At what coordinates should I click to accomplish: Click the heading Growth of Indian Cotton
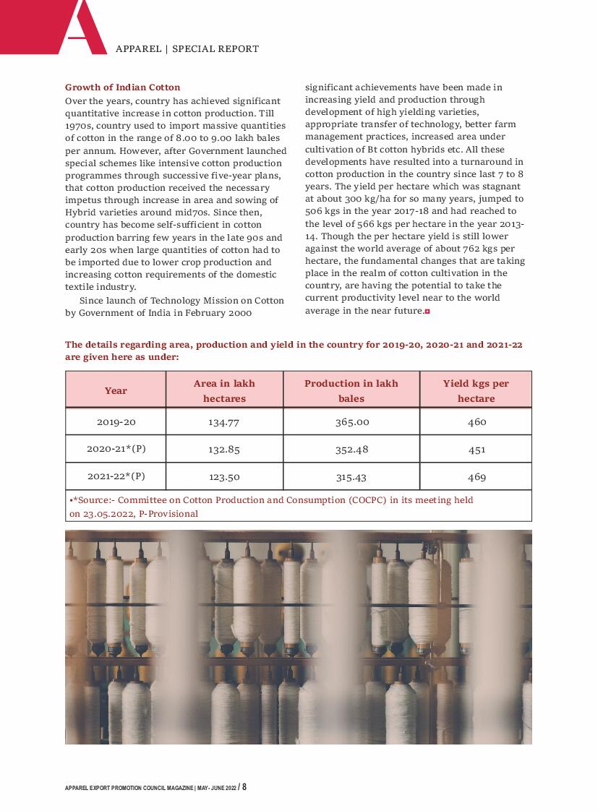click(x=123, y=87)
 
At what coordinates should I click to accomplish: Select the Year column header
click(x=116, y=390)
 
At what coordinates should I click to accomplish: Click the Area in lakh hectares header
click(x=224, y=390)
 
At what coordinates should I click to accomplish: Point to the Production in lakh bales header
click(x=351, y=390)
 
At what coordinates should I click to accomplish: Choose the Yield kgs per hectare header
click(x=476, y=390)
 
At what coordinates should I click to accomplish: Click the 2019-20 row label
click(x=116, y=422)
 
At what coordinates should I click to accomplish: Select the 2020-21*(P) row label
click(x=116, y=449)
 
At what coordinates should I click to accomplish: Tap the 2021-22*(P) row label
click(x=116, y=476)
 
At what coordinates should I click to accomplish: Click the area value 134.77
click(x=224, y=422)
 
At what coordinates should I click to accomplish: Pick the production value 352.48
click(x=351, y=449)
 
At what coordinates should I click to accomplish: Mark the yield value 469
click(x=477, y=477)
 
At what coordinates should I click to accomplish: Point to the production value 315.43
click(x=351, y=477)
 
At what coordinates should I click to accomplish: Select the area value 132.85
click(x=224, y=449)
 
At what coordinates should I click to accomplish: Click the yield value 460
click(x=477, y=422)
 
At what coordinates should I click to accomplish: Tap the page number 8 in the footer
click(x=244, y=786)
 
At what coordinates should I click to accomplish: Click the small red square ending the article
click(x=427, y=311)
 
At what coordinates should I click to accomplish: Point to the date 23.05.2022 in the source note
click(x=107, y=514)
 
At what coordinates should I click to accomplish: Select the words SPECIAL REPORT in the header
click(x=215, y=49)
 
